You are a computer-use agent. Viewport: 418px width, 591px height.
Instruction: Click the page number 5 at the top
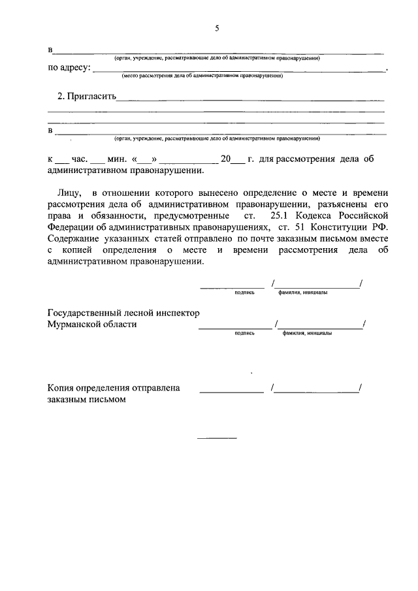click(x=217, y=27)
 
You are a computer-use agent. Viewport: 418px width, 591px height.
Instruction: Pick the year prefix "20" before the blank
click(x=227, y=159)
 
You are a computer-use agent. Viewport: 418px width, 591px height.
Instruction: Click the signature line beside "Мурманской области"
click(x=234, y=327)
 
